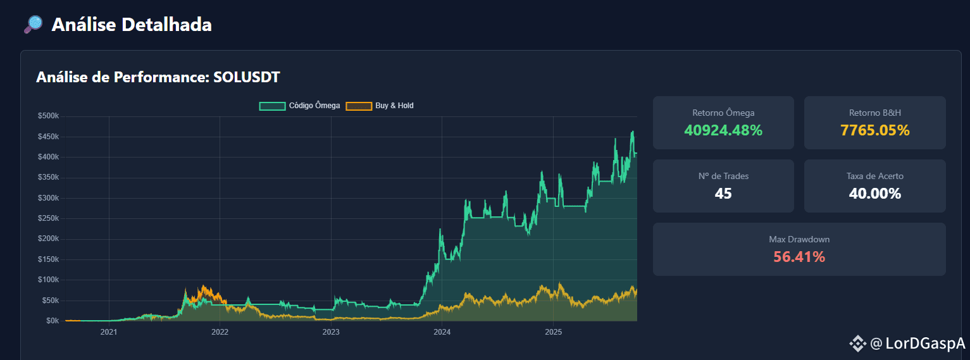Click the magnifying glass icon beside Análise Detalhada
point(34,25)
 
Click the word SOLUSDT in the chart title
point(246,77)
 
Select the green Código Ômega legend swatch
point(272,106)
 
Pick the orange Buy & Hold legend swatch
point(359,106)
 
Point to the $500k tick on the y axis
point(49,116)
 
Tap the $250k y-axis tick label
point(49,218)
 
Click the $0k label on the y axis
point(53,321)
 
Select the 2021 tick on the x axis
point(109,332)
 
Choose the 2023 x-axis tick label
point(331,332)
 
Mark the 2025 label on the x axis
point(554,332)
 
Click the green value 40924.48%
point(723,130)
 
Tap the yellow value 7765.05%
point(874,130)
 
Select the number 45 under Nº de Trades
point(723,193)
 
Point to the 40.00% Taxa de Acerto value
point(874,193)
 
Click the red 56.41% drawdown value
point(799,257)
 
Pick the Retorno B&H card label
point(874,113)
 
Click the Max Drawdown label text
point(799,239)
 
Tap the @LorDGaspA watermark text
point(917,344)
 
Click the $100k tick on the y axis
point(49,280)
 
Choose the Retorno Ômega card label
point(723,113)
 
